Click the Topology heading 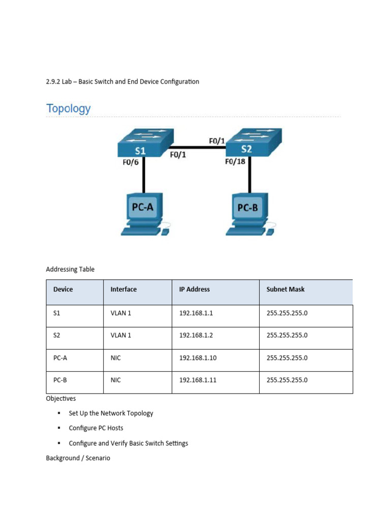68,109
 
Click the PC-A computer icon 145,214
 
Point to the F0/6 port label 131,163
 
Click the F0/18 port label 235,162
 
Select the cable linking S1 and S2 199,147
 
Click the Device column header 63,289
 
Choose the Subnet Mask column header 285,289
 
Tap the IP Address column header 194,289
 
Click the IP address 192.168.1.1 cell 195,314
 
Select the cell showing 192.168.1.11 198,380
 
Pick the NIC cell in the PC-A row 116,358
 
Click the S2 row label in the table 57,335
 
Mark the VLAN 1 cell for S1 121,314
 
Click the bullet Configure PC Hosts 96,428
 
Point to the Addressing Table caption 70,269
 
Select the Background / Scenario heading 78,458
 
